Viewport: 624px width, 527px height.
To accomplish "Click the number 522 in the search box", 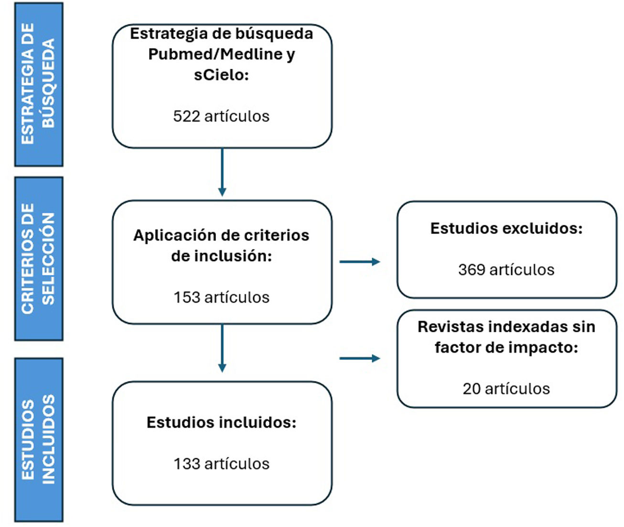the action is [x=186, y=116].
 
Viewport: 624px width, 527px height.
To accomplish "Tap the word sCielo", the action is [x=221, y=75].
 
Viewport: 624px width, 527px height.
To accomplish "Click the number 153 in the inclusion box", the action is [x=186, y=297].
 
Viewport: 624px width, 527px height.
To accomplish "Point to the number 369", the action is [x=472, y=270].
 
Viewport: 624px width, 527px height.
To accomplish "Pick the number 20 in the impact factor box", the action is [x=471, y=389].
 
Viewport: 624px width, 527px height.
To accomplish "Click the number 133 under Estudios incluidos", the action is [x=186, y=464].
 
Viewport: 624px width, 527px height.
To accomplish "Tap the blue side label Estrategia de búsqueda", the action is [x=38, y=84].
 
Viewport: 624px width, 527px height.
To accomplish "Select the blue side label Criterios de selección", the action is [x=38, y=259].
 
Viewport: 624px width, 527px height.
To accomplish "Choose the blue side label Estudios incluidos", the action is [x=38, y=440].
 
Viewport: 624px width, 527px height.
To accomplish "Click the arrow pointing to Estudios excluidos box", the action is [x=359, y=262].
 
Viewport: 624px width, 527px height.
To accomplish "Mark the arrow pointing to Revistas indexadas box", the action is [x=359, y=358].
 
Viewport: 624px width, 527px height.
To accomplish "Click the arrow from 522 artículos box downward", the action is [x=222, y=172].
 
